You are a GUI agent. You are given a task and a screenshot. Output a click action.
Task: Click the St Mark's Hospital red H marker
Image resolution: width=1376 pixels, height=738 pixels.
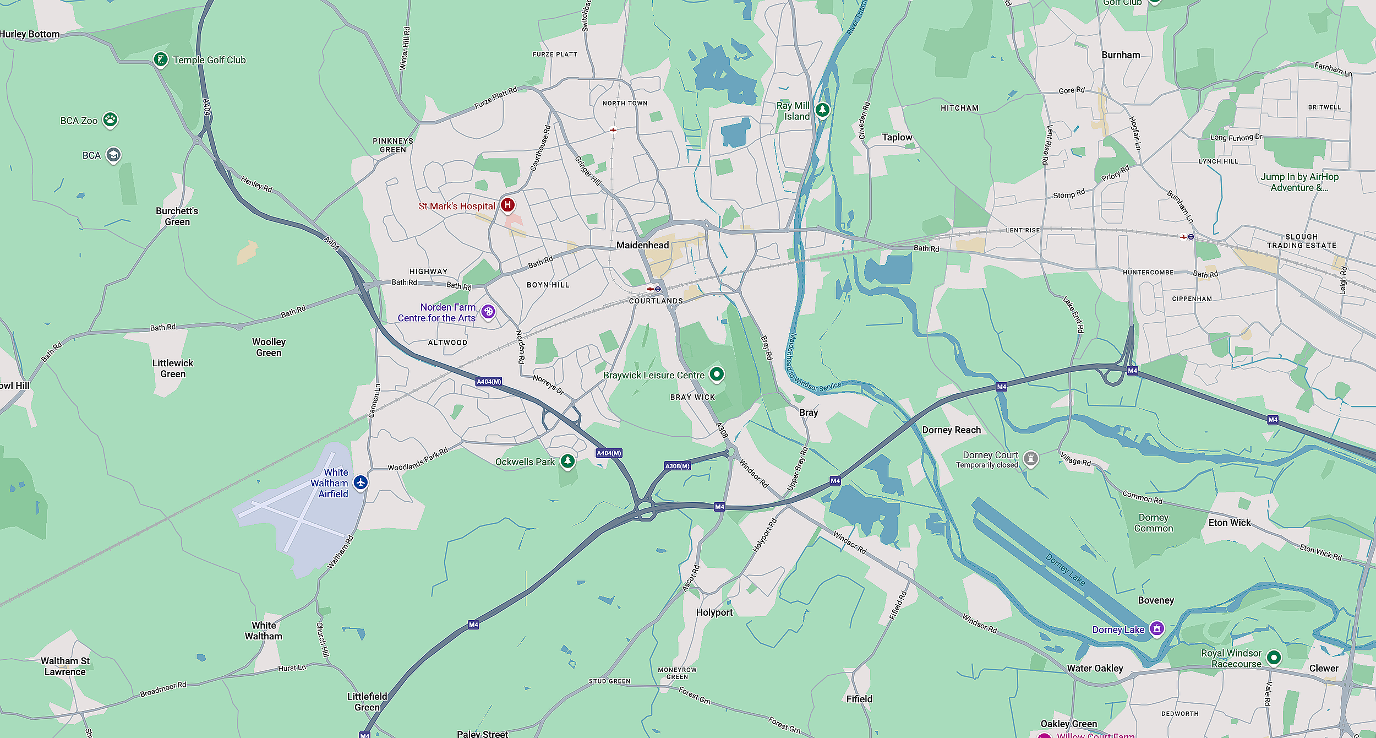click(x=507, y=205)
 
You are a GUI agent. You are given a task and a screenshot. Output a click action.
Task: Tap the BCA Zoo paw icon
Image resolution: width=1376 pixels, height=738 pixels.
click(x=110, y=120)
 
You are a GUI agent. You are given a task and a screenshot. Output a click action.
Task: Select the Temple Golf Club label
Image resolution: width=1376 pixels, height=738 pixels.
click(x=209, y=60)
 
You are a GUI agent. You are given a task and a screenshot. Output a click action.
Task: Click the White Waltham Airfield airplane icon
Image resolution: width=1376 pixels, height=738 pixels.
click(x=361, y=482)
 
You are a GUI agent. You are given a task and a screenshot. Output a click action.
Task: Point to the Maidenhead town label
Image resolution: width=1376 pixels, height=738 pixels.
click(x=642, y=245)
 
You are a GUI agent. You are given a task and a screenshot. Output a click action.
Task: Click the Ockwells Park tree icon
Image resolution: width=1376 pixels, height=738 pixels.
click(x=567, y=461)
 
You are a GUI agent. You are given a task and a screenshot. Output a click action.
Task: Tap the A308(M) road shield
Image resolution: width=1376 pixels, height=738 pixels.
click(x=677, y=466)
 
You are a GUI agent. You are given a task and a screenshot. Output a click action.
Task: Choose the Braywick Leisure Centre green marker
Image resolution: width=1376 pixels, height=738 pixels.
click(x=716, y=375)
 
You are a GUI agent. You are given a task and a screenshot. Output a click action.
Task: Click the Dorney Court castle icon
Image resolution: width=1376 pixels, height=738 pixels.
click(x=1031, y=458)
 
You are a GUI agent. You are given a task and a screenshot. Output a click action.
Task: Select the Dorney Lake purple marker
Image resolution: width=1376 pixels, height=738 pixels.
click(x=1157, y=628)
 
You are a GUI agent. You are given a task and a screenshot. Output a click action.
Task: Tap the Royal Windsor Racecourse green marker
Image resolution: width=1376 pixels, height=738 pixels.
click(x=1274, y=657)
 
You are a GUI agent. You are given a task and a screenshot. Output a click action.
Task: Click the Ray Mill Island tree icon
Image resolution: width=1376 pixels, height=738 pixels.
click(x=822, y=110)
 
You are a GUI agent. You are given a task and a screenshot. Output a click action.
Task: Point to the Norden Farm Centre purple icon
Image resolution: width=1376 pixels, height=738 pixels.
click(x=488, y=312)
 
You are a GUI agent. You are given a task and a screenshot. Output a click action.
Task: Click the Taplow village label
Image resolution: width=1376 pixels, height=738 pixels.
click(x=897, y=137)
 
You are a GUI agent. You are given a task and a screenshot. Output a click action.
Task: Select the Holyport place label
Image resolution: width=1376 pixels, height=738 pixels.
click(x=714, y=612)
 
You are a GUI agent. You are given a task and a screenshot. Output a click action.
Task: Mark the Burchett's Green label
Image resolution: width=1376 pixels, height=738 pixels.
click(x=177, y=216)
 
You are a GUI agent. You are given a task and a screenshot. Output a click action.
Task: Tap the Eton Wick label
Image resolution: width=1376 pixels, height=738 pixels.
click(x=1229, y=523)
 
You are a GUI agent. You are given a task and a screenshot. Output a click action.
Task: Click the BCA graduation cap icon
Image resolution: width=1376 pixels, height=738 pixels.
click(x=113, y=155)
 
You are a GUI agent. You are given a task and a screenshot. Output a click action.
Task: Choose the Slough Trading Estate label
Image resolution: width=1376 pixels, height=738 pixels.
click(x=1301, y=241)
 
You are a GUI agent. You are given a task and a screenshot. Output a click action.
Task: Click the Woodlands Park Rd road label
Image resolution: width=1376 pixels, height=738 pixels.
click(x=418, y=459)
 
